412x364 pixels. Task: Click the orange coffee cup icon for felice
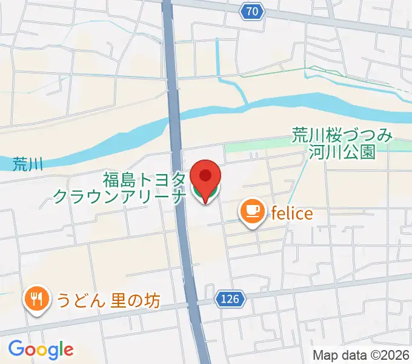251,212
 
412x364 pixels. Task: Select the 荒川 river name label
28,164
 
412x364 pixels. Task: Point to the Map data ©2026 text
361,355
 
